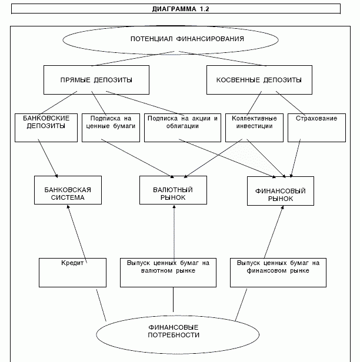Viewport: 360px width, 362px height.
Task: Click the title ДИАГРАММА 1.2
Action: coord(181,9)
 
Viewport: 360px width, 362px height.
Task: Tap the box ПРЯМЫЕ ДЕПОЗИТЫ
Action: coord(96,80)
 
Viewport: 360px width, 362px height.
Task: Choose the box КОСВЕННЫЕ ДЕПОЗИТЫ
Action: coord(259,80)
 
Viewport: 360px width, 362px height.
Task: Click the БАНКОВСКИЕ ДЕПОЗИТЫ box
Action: coord(46,128)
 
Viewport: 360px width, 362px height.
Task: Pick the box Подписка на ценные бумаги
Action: coord(111,128)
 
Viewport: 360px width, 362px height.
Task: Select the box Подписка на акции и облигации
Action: coord(182,128)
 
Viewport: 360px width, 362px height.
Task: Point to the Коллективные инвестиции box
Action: coord(254,128)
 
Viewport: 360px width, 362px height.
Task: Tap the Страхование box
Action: coord(317,128)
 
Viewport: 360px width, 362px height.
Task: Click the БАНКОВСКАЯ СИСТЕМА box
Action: coord(68,190)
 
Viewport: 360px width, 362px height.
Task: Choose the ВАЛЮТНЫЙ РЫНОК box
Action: coord(174,190)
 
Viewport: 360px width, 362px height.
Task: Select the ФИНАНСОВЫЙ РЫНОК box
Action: coord(281,191)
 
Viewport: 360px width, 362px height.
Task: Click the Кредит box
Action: coord(72,273)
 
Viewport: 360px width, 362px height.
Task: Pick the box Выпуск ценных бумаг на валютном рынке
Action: coord(168,273)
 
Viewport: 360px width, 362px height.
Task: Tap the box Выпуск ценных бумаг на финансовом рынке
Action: coord(278,273)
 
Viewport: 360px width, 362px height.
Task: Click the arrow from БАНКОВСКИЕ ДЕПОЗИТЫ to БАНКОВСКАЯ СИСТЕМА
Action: coord(48,159)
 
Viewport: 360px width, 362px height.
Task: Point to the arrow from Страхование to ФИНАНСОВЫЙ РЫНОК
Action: coord(295,158)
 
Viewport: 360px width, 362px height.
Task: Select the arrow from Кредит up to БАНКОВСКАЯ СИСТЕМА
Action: coord(77,234)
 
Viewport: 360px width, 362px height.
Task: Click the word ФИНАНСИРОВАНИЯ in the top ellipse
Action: coord(210,39)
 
